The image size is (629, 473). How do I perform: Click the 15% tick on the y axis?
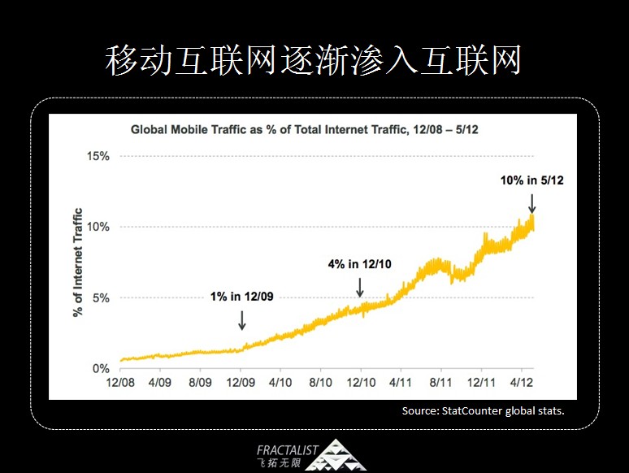[x=98, y=156]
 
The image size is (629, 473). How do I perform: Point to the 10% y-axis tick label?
[x=98, y=227]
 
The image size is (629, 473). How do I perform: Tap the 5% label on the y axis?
[x=102, y=297]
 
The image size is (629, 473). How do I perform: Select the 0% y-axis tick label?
[x=102, y=368]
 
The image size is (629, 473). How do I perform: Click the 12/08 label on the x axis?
[x=120, y=381]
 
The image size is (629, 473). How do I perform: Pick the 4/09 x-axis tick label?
[x=160, y=381]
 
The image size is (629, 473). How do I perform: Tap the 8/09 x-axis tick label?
[x=200, y=381]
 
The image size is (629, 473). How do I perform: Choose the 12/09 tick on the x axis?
[x=241, y=381]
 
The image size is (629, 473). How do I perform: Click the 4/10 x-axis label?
[x=280, y=381]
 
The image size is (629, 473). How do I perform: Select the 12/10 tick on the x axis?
[x=361, y=381]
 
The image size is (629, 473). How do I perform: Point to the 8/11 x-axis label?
[x=440, y=381]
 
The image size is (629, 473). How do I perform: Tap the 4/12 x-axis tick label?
[x=521, y=381]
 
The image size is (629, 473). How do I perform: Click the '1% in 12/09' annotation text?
[x=241, y=297]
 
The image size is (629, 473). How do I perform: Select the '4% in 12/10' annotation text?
[x=359, y=264]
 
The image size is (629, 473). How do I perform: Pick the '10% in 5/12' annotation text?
[x=532, y=180]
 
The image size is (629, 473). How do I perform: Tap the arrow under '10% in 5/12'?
[x=532, y=203]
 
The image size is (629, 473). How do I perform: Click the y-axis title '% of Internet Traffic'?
[x=79, y=262]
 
